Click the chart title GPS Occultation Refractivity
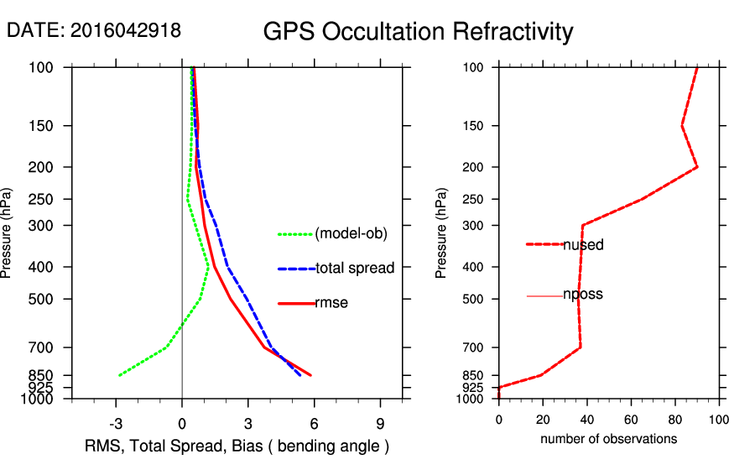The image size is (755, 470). click(x=418, y=32)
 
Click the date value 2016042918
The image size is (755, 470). click(x=126, y=30)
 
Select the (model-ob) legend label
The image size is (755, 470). click(x=351, y=234)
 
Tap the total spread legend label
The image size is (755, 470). click(x=355, y=269)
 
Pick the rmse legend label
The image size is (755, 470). click(x=331, y=303)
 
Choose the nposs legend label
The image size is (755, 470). click(x=583, y=295)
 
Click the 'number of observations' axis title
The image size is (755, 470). click(x=608, y=439)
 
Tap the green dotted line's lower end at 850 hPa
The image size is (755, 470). click(x=119, y=375)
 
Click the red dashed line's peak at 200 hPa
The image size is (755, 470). click(x=697, y=167)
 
